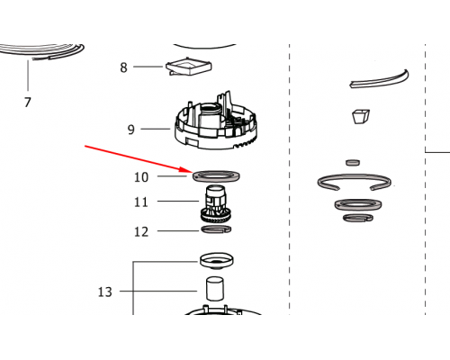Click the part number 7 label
point(28,103)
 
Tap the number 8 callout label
point(123,67)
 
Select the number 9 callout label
point(131,130)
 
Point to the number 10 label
point(141,177)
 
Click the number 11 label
point(141,202)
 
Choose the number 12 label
point(141,232)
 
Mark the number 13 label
point(105,292)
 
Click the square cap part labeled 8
point(189,67)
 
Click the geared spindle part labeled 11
point(215,204)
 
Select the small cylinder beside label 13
point(215,289)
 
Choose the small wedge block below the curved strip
point(361,116)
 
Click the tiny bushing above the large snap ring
point(353,163)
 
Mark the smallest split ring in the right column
point(349,219)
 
